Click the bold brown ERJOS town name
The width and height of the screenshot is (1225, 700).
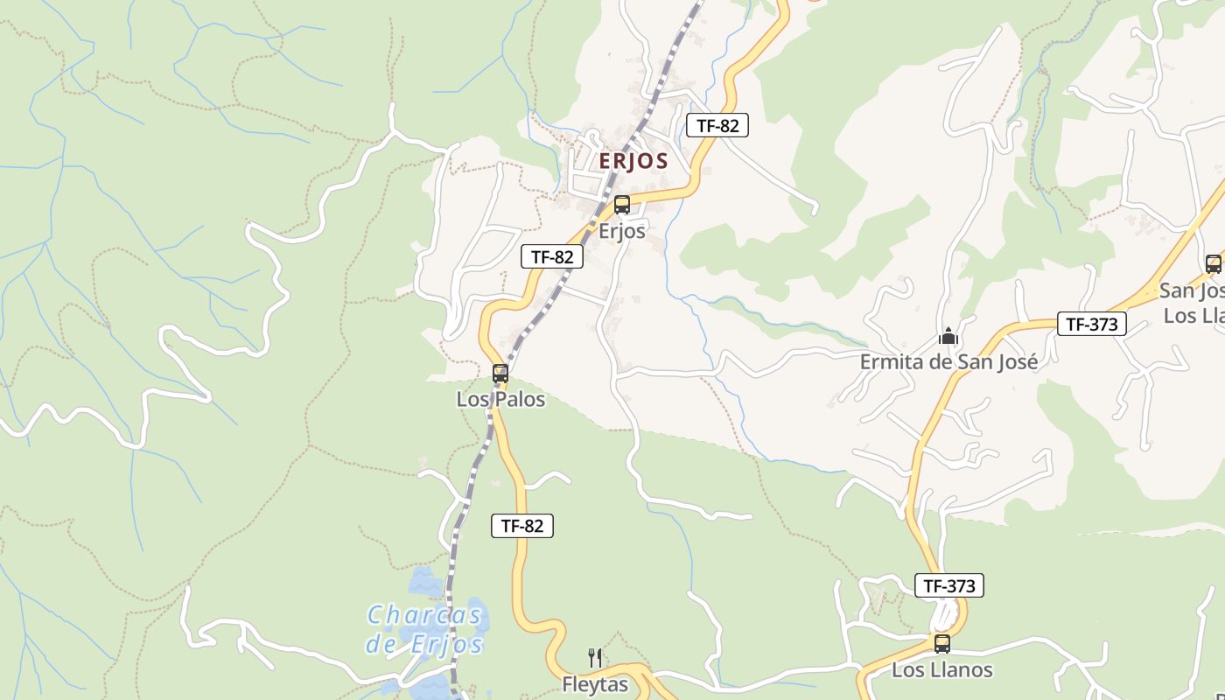(633, 161)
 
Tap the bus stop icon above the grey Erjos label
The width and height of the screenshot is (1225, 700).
(622, 205)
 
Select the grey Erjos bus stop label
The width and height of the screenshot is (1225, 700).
(622, 231)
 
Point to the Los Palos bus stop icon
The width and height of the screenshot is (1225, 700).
(500, 374)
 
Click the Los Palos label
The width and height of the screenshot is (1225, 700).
(500, 400)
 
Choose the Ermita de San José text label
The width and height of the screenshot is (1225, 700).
(948, 361)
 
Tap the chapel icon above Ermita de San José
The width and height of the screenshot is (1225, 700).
(948, 335)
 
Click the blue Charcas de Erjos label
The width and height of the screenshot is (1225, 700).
(424, 630)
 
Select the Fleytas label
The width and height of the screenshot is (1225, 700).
(595, 684)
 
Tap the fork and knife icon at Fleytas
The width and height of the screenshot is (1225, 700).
(595, 657)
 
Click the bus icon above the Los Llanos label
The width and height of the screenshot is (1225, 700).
(942, 644)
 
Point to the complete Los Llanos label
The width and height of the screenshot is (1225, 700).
(942, 670)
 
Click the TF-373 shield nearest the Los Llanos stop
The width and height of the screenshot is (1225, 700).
(949, 585)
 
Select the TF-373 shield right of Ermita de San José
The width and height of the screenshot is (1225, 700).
(1092, 324)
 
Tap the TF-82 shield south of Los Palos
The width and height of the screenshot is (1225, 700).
(522, 526)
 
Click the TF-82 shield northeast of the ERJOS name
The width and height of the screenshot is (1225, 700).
(717, 125)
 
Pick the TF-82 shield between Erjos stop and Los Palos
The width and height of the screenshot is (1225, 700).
(552, 256)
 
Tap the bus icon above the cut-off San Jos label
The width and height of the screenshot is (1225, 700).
(1213, 263)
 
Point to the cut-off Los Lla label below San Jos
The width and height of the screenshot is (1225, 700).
(1193, 315)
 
